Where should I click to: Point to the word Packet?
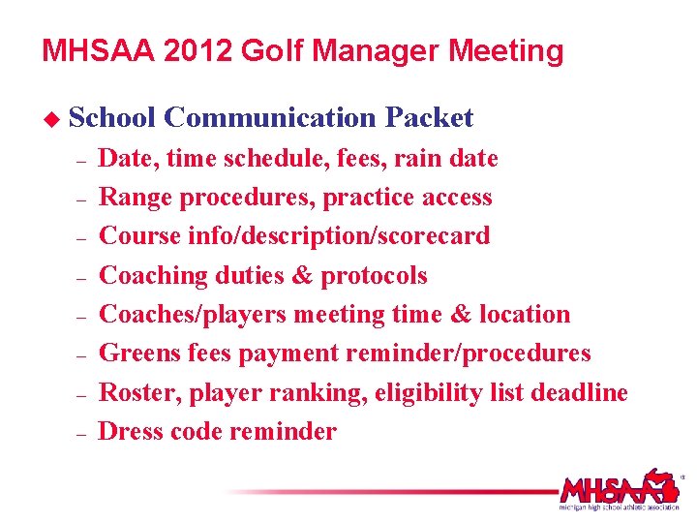click(429, 118)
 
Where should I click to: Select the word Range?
click(136, 198)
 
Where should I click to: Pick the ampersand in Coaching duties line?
click(301, 276)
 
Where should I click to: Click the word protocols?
click(374, 276)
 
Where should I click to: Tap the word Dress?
click(132, 432)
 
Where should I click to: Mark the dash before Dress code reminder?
click(81, 433)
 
